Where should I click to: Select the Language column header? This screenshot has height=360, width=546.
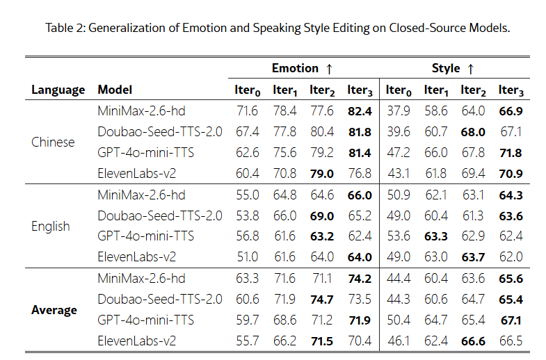58,90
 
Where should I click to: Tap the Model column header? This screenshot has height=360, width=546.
115,90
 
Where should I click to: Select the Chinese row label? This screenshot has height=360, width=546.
53,142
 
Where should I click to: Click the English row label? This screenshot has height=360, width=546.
51,226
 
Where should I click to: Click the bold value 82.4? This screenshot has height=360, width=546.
359,111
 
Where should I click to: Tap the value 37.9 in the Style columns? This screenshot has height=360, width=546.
399,111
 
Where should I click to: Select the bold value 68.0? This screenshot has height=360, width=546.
473,131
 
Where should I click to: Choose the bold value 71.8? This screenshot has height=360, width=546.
511,152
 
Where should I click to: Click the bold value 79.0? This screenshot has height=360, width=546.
321,173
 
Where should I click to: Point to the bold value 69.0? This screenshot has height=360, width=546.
321,215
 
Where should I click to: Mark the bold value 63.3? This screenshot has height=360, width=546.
435,236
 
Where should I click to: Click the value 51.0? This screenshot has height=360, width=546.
248,257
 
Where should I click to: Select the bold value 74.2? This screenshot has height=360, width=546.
359,279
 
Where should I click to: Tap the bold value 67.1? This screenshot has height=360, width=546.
511,320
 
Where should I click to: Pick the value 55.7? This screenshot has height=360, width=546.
248,341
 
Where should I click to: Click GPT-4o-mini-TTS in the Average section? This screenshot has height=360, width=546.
145,320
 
